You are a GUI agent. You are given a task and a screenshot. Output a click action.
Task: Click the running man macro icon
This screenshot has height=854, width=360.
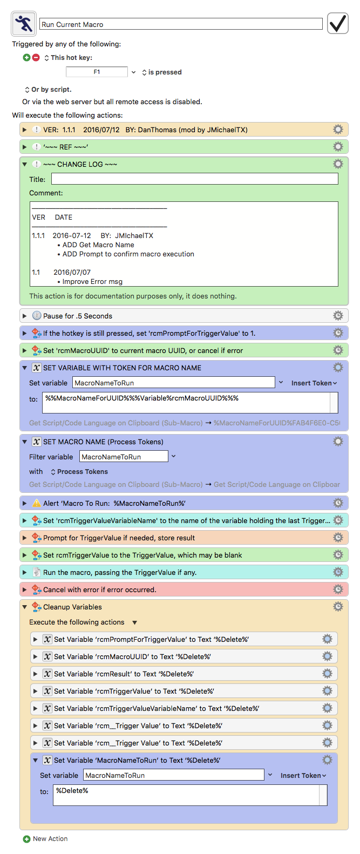pyautogui.click(x=24, y=24)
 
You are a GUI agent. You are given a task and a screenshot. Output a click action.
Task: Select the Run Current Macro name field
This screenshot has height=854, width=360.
pyautogui.click(x=181, y=24)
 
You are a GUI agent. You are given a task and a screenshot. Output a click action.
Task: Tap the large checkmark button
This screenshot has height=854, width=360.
pyautogui.click(x=337, y=23)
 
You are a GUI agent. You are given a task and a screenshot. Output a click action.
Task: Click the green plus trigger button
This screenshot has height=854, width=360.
pyautogui.click(x=26, y=58)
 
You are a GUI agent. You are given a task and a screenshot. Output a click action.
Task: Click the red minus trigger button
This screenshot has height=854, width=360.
pyautogui.click(x=36, y=58)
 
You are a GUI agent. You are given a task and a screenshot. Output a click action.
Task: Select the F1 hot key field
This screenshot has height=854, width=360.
pyautogui.click(x=97, y=72)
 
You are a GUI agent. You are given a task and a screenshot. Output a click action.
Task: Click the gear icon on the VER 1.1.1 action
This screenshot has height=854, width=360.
pyautogui.click(x=338, y=130)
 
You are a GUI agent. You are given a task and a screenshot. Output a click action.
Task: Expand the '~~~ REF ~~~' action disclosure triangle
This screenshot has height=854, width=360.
pyautogui.click(x=25, y=147)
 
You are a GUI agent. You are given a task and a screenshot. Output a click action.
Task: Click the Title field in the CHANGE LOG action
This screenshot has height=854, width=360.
pyautogui.click(x=195, y=179)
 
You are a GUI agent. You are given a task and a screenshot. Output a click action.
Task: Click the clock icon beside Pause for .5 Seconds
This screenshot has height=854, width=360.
pyautogui.click(x=37, y=316)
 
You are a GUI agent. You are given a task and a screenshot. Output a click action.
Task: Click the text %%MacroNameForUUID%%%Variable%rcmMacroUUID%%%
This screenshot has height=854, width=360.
pyautogui.click(x=142, y=398)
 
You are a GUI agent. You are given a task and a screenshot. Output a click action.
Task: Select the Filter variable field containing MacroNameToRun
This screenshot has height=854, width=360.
pyautogui.click(x=124, y=457)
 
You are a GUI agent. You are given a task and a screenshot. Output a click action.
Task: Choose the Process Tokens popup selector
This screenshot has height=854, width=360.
pyautogui.click(x=79, y=472)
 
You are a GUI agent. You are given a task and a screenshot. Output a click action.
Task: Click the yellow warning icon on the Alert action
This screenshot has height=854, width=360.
pyautogui.click(x=37, y=503)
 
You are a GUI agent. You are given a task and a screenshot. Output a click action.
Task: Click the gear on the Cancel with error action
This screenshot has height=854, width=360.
pyautogui.click(x=338, y=589)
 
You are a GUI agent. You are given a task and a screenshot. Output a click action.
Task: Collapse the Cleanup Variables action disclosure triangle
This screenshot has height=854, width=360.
pyautogui.click(x=25, y=607)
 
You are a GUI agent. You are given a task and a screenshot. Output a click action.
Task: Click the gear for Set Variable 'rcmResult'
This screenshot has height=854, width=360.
pyautogui.click(x=327, y=674)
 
